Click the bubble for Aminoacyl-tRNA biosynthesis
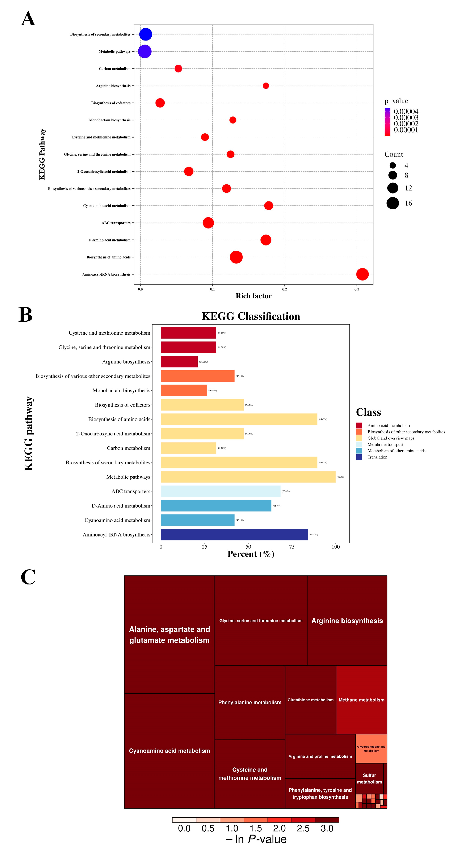[x=362, y=274]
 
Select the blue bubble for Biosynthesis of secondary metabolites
[x=145, y=34]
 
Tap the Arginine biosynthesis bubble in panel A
[x=266, y=86]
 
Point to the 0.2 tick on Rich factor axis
[x=285, y=289]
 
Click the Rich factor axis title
[x=253, y=296]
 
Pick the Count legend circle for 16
[x=393, y=203]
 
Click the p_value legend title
[x=396, y=101]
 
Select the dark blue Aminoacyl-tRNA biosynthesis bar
[x=234, y=534]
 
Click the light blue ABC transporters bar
[x=221, y=491]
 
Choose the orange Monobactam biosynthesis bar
[x=184, y=390]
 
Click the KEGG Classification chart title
[x=251, y=316]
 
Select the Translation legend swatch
[x=359, y=457]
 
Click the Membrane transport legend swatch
[x=359, y=444]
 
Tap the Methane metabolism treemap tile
[x=361, y=700]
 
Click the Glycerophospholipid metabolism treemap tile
[x=371, y=748]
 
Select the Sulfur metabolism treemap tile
[x=369, y=778]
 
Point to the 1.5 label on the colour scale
[x=256, y=828]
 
